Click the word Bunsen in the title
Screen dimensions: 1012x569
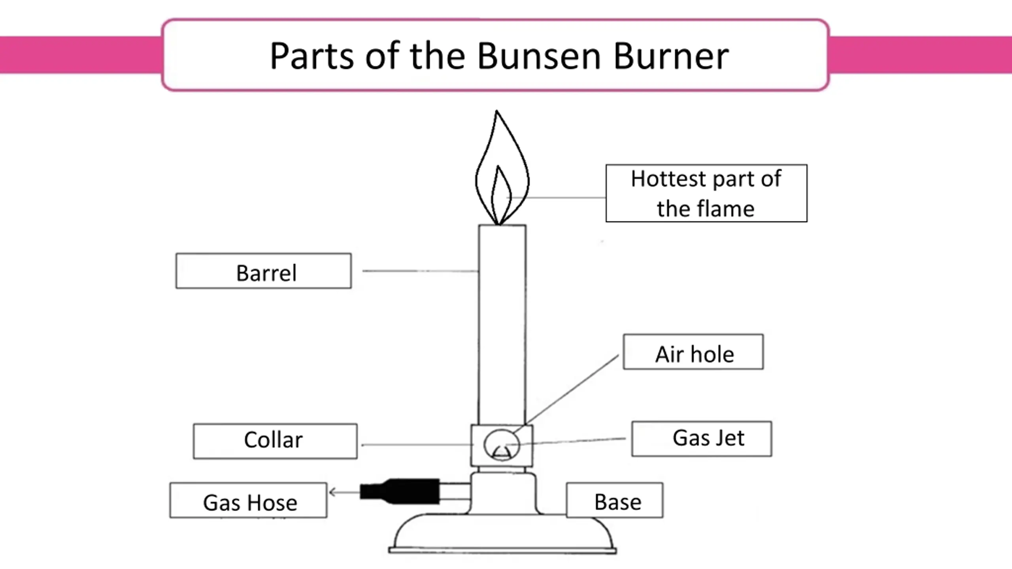(540, 56)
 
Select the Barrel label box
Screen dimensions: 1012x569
(264, 271)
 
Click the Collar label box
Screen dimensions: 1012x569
(275, 441)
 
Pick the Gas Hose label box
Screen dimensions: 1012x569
(248, 500)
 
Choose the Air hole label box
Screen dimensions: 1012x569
(693, 352)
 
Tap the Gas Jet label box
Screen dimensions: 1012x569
(702, 439)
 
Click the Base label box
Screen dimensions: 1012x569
(615, 500)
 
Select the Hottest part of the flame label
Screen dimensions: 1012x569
(706, 193)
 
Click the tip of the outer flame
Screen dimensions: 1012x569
(497, 111)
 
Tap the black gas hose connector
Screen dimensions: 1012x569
(400, 492)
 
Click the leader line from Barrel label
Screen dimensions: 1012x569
(421, 271)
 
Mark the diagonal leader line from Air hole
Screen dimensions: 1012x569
(566, 391)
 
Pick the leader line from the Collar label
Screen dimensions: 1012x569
(417, 445)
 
